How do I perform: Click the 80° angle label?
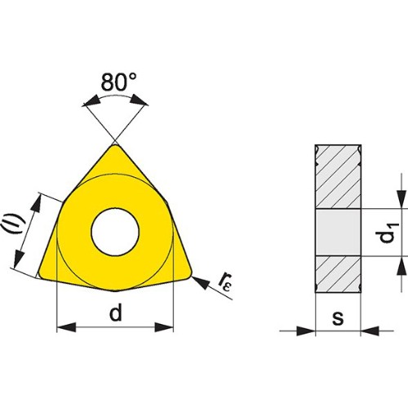(118, 82)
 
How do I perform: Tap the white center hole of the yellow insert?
(115, 232)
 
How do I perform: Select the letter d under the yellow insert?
(116, 313)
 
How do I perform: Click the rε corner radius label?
(226, 282)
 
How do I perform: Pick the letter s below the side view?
(338, 317)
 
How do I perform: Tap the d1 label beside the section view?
(389, 233)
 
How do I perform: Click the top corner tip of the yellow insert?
(115, 145)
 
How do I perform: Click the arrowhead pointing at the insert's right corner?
(201, 282)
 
